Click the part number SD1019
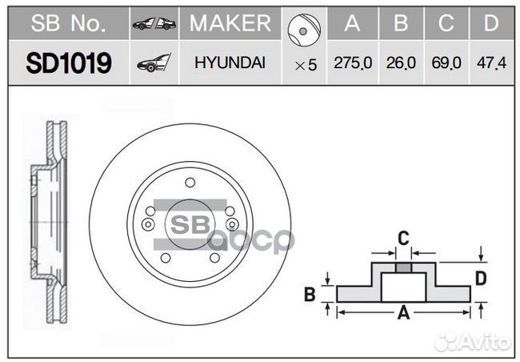click(68, 63)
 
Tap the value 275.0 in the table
click(352, 64)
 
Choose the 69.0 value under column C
click(446, 64)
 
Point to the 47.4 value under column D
click(490, 64)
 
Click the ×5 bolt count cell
click(305, 65)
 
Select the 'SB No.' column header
click(68, 25)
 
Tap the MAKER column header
click(230, 25)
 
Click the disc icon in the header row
click(304, 27)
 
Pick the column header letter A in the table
click(352, 25)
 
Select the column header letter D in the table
click(490, 25)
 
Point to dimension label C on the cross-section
click(404, 236)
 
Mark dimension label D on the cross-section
click(482, 278)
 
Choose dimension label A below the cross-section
click(404, 315)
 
